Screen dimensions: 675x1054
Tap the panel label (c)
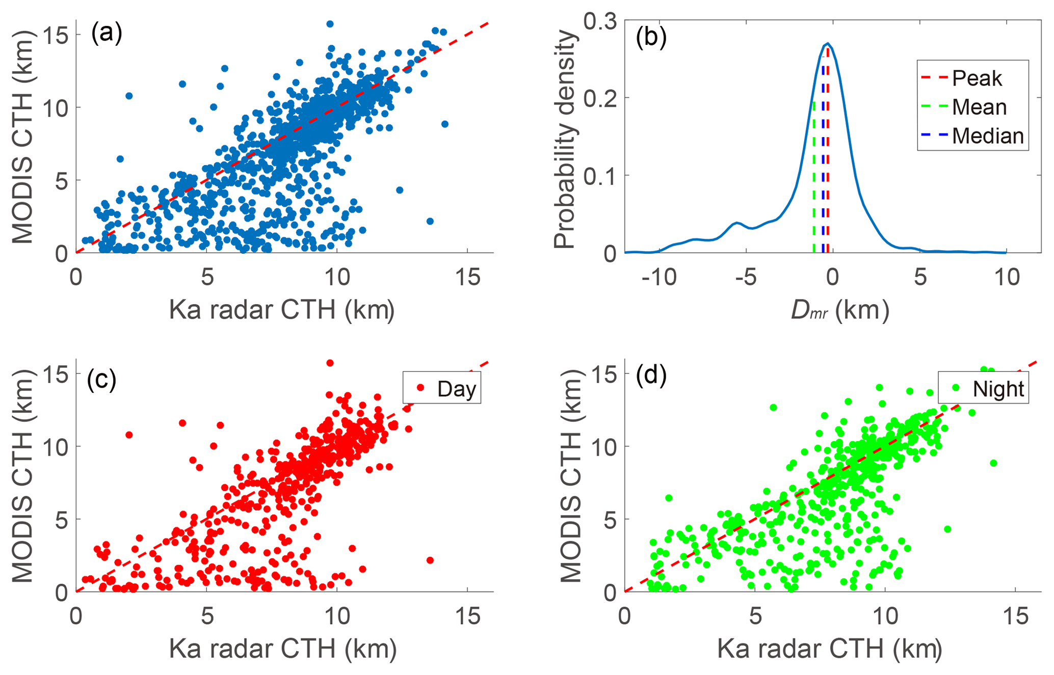tap(101, 379)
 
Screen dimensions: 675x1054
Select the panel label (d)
tap(651, 375)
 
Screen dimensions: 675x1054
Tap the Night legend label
tap(998, 389)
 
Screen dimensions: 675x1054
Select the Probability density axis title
tap(565, 139)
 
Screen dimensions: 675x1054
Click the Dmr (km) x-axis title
tap(839, 310)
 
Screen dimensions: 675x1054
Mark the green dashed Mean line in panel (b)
tap(814, 178)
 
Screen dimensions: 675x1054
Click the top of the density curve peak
tap(828, 43)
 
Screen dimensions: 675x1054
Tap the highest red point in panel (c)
tap(330, 363)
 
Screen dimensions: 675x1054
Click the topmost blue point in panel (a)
tap(330, 24)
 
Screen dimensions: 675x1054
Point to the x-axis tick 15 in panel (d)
tap(1016, 616)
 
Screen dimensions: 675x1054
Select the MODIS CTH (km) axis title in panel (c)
tap(22, 475)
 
